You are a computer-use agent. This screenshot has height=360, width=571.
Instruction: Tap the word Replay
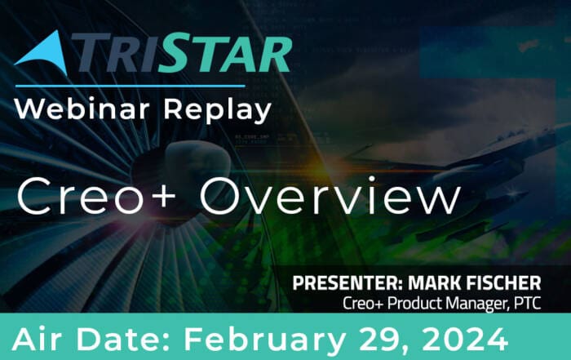click(218, 110)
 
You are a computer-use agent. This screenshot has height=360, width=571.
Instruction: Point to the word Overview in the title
click(330, 196)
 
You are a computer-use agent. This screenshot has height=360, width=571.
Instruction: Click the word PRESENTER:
click(347, 282)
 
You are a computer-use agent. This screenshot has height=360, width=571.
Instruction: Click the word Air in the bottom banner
click(39, 339)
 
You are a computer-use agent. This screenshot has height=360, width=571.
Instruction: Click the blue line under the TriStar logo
click(130, 87)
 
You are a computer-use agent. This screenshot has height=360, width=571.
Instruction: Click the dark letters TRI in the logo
click(113, 52)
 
